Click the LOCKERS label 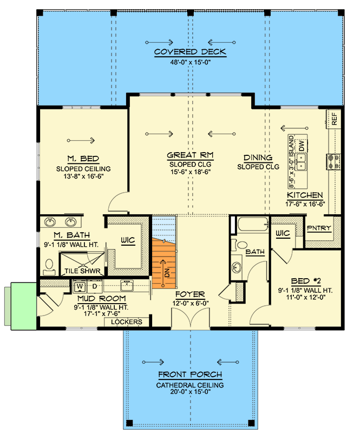click(126, 322)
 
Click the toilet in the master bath click(49, 266)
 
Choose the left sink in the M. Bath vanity click(50, 222)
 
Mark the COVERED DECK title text click(189, 52)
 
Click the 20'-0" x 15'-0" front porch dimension click(189, 393)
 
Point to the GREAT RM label click(189, 155)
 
